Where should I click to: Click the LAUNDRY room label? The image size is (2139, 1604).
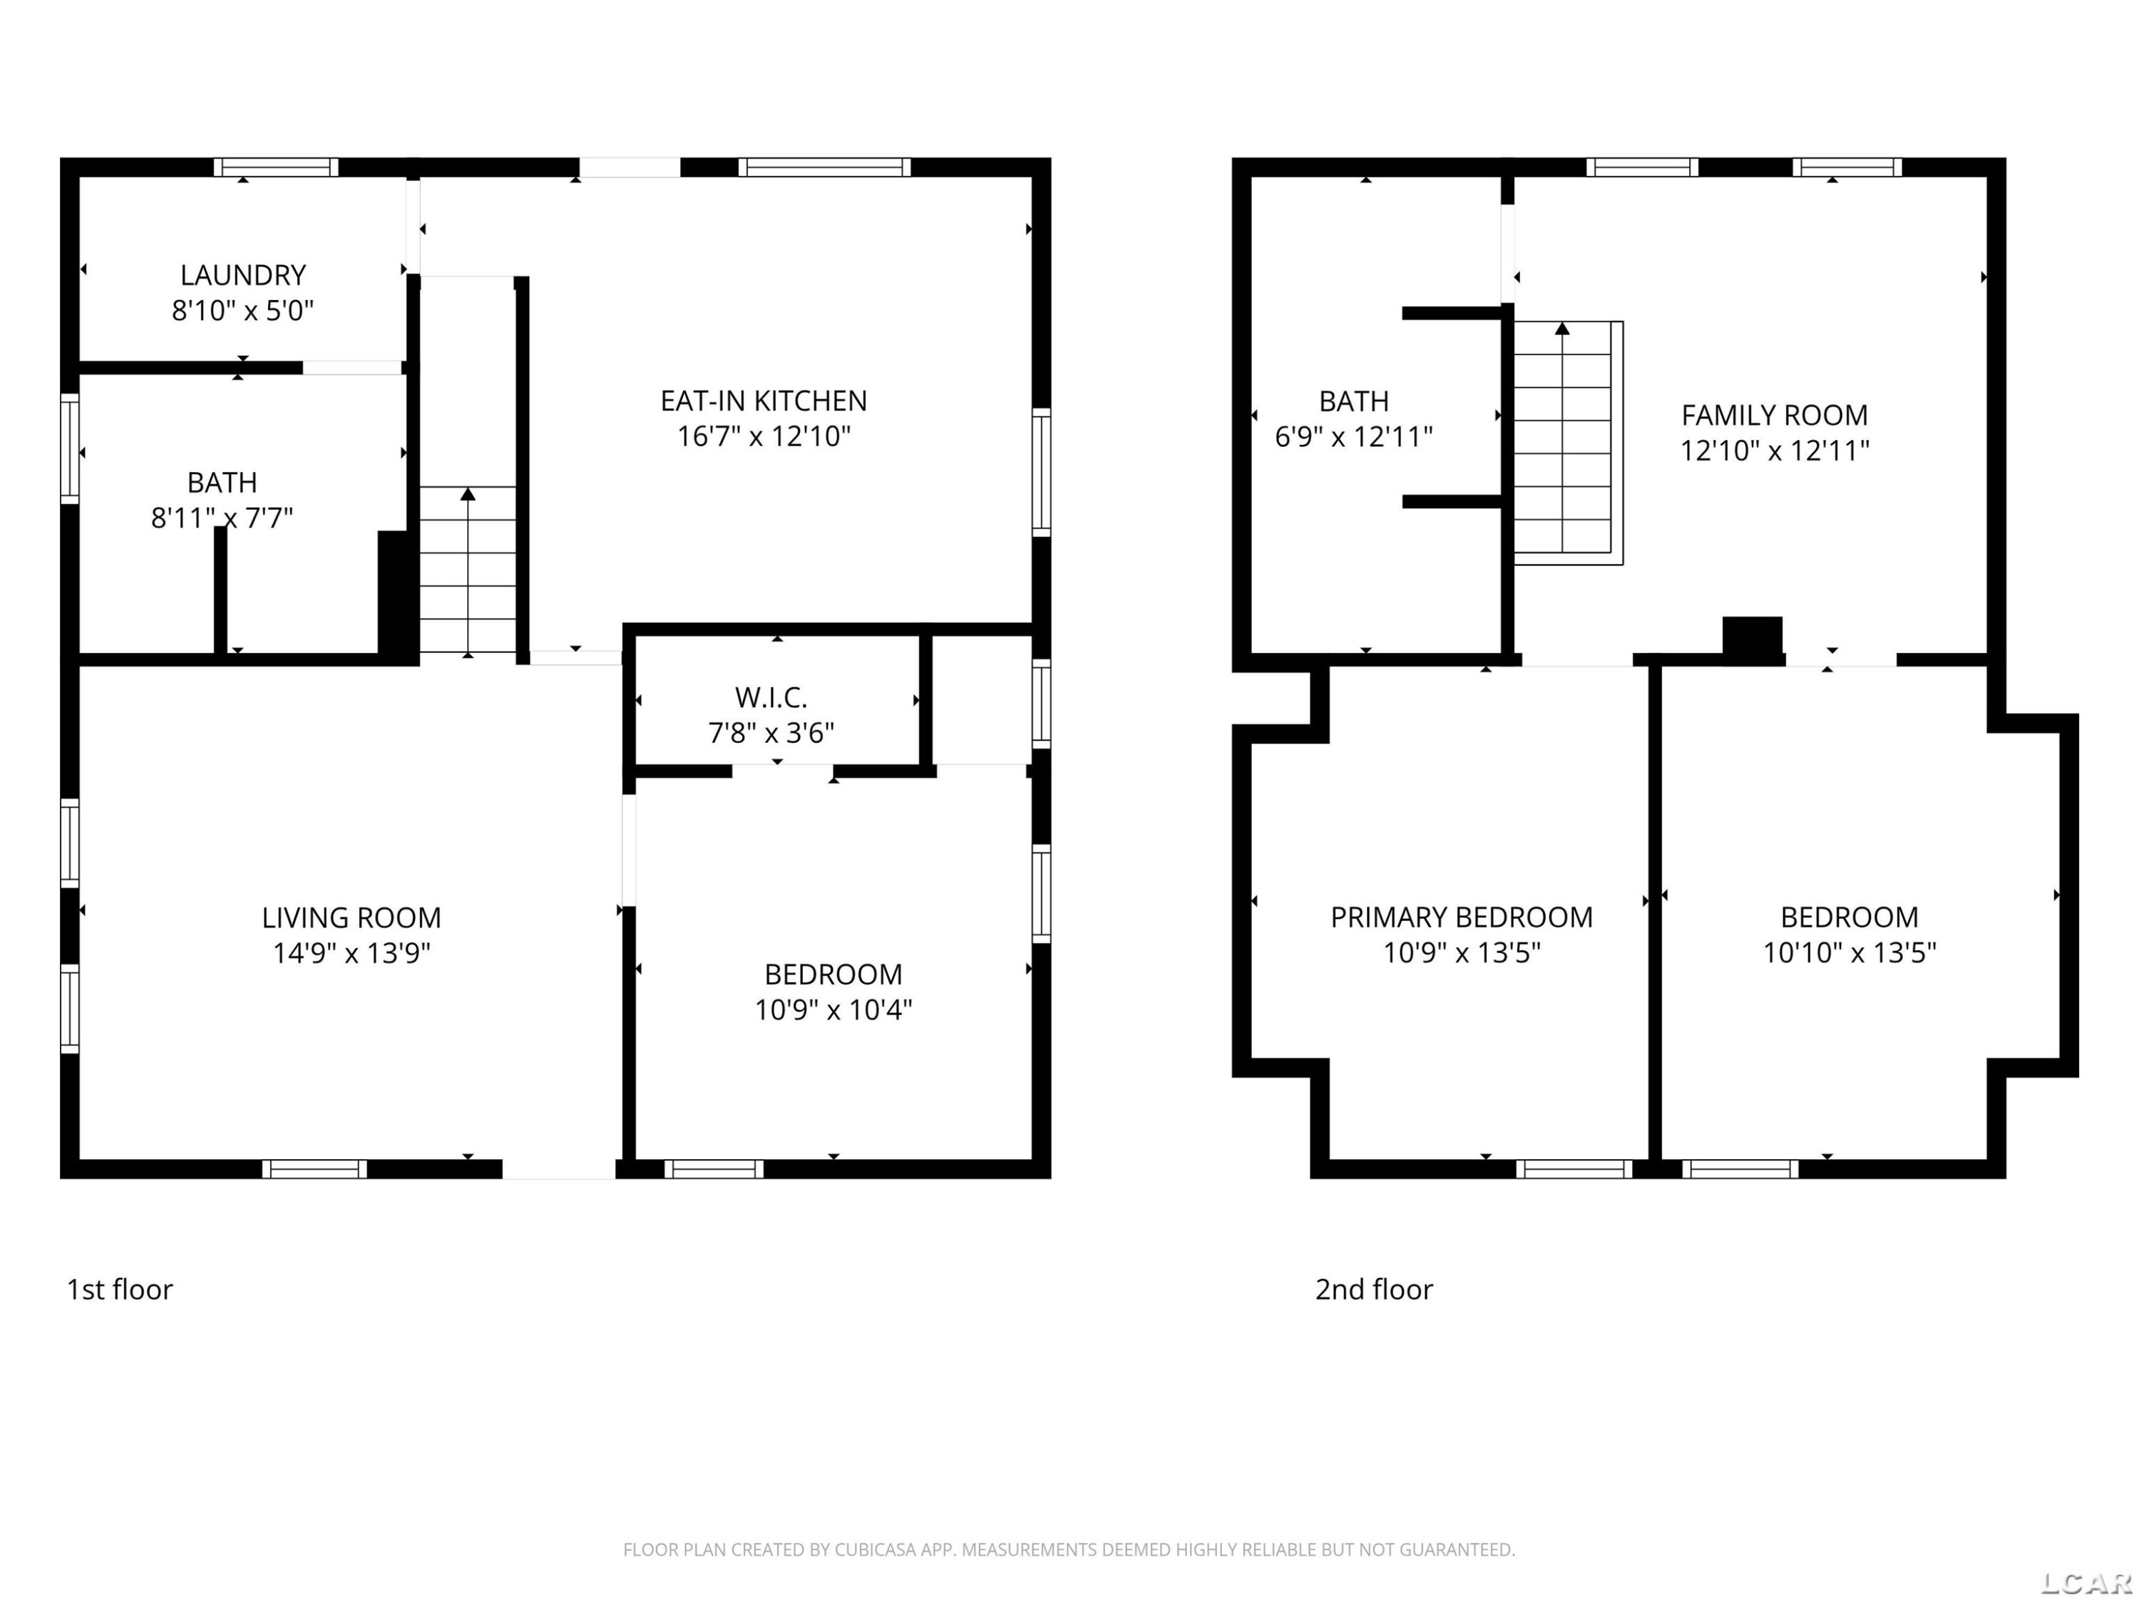(x=242, y=276)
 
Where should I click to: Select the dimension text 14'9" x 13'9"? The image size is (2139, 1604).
(x=352, y=953)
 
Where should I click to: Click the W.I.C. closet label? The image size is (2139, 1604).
(x=771, y=697)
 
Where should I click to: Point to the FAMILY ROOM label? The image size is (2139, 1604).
(x=1775, y=416)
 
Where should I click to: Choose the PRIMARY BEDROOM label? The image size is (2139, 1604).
(x=1461, y=917)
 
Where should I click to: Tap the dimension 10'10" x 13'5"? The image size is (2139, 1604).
(x=1849, y=953)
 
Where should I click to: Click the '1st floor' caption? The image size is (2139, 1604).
(x=120, y=1290)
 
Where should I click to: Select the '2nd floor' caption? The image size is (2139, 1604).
(x=1374, y=1290)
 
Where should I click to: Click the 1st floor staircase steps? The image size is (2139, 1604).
(x=468, y=570)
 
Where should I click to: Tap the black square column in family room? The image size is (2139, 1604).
(x=1753, y=639)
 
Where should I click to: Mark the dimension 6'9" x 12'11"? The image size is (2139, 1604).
(x=1354, y=437)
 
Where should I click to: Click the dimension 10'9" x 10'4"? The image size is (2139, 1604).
(x=833, y=1010)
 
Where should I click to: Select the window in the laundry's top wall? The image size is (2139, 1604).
(x=277, y=168)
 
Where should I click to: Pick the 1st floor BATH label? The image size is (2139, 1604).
(x=222, y=483)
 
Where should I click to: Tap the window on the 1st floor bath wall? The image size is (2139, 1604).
(x=70, y=448)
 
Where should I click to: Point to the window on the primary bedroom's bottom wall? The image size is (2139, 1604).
(x=1574, y=1169)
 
